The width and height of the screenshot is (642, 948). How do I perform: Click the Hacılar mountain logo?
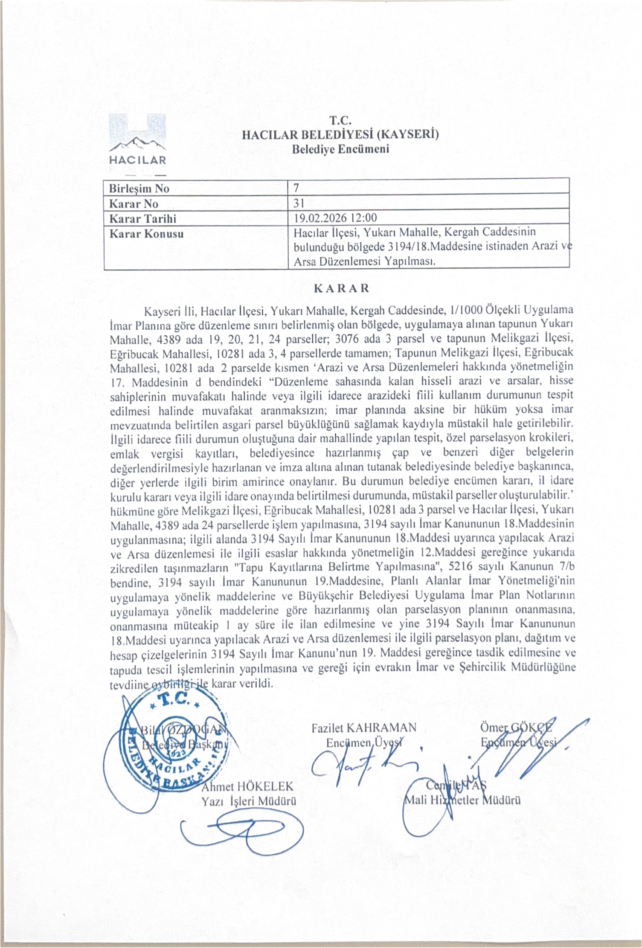[137, 143]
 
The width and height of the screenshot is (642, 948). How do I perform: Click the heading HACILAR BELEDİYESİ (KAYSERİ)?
[340, 135]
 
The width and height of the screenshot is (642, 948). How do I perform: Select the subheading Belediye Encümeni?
[340, 149]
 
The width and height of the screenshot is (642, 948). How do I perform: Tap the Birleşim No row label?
[139, 188]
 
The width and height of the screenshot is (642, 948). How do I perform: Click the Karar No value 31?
[299, 203]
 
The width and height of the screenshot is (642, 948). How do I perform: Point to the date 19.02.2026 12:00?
[336, 218]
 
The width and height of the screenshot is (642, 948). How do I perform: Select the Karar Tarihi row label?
[142, 218]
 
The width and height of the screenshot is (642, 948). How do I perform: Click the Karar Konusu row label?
[146, 234]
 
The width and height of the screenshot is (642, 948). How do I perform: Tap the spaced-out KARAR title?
[341, 288]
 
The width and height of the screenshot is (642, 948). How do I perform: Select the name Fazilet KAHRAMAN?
[363, 727]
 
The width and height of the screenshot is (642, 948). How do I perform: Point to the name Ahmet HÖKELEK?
[248, 786]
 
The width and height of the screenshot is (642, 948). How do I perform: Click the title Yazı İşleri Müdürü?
[249, 801]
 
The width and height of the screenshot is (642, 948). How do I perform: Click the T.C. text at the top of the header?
[340, 121]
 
